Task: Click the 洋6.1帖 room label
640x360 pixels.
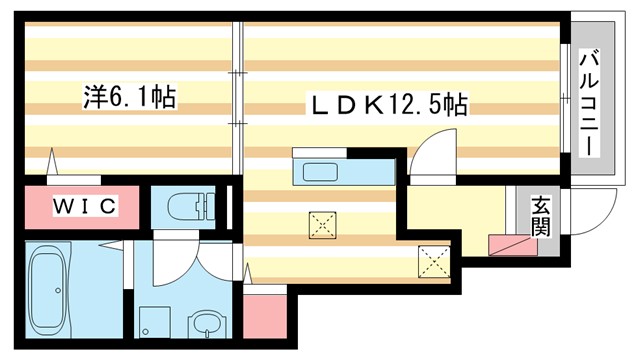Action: click(129, 97)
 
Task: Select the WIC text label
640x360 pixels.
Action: click(85, 206)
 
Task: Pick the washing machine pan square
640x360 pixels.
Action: click(152, 322)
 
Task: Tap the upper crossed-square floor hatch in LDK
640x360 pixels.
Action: click(322, 225)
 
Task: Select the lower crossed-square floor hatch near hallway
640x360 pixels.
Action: click(436, 262)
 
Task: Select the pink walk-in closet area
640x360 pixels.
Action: click(85, 206)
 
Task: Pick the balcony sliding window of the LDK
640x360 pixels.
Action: click(565, 99)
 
